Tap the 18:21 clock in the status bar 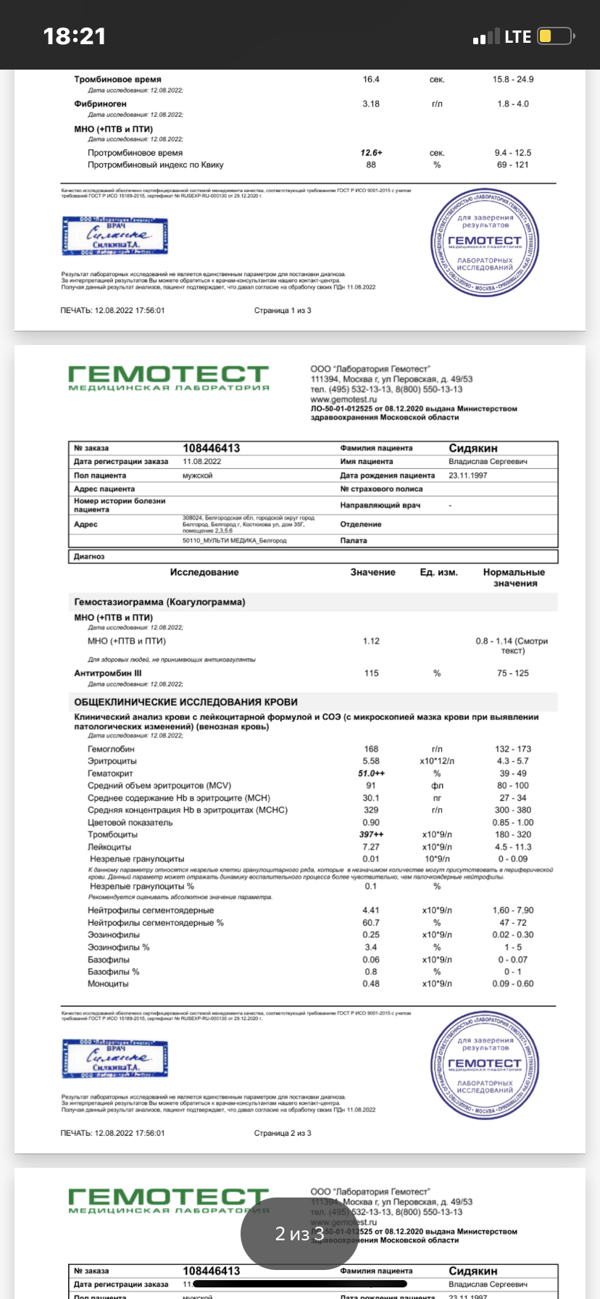click(75, 36)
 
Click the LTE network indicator click(517, 37)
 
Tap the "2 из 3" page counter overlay click(299, 1233)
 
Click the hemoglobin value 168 click(371, 749)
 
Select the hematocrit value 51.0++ click(371, 773)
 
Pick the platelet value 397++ click(371, 834)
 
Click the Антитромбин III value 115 click(371, 673)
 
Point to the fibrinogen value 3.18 click(371, 104)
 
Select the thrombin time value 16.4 click(371, 79)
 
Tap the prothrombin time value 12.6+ click(371, 153)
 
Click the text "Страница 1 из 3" click(283, 310)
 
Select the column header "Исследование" click(204, 572)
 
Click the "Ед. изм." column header click(438, 572)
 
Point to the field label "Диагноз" click(89, 557)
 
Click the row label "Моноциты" click(108, 984)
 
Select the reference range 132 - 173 click(513, 749)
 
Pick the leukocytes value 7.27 click(371, 847)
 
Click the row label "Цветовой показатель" click(130, 823)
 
